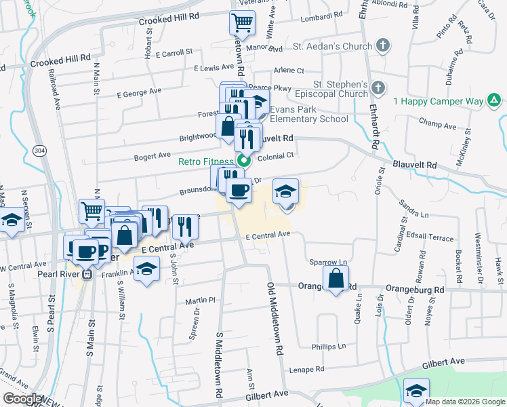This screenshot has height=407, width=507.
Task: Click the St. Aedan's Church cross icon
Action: click(383, 47)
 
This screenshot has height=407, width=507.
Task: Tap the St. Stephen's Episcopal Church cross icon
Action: click(378, 88)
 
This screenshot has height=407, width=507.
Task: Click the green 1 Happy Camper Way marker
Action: click(495, 102)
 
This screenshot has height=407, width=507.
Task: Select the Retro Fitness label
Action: click(206, 162)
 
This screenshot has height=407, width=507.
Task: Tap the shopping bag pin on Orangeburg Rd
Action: click(336, 278)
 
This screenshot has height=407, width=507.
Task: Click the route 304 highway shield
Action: click(42, 150)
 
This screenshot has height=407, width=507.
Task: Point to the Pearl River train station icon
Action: click(87, 275)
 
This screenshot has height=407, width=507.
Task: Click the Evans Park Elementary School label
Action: click(309, 114)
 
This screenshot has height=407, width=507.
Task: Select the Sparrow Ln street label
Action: click(328, 262)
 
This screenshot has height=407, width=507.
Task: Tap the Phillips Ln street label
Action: click(328, 347)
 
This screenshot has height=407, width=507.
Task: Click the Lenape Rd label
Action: click(306, 370)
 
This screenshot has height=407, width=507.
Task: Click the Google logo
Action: click(22, 399)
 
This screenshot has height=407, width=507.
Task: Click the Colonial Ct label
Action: click(279, 155)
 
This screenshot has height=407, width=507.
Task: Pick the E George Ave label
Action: click(139, 91)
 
